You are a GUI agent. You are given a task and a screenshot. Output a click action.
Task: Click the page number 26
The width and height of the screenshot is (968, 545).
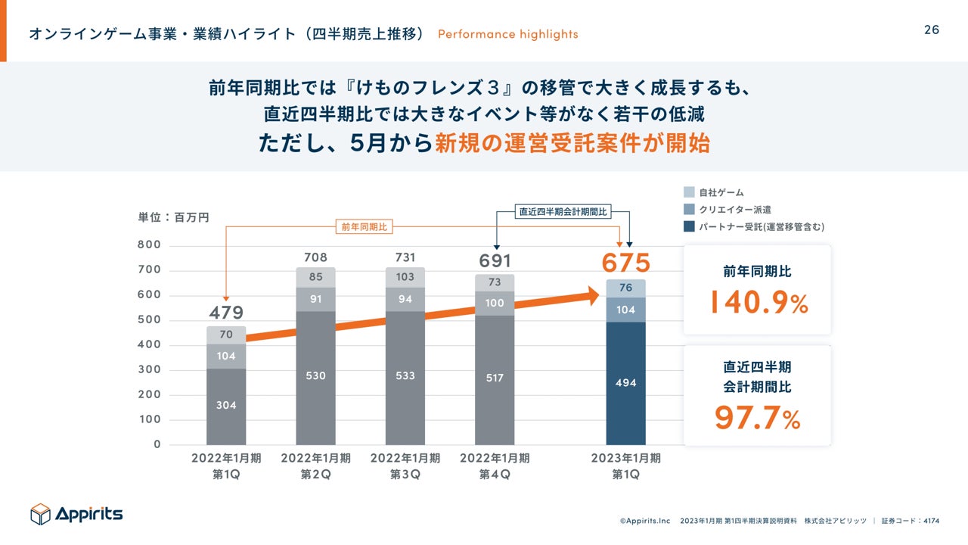click(932, 30)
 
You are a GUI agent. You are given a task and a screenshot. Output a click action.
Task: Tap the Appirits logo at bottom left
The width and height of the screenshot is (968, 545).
click(76, 514)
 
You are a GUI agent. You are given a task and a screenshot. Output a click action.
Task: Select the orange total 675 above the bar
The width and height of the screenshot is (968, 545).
click(625, 263)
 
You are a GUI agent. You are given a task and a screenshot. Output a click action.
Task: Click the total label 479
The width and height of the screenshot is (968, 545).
click(226, 313)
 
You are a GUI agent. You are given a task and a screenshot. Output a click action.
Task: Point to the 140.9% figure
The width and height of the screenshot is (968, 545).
click(758, 303)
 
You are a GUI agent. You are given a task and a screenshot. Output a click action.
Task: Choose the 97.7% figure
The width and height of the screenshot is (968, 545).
click(758, 418)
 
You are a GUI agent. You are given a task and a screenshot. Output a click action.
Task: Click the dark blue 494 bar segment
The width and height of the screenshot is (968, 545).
click(625, 383)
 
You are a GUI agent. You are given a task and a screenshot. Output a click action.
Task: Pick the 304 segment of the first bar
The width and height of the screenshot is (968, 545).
click(226, 406)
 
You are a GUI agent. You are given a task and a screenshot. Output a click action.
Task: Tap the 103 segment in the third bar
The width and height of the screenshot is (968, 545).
click(405, 277)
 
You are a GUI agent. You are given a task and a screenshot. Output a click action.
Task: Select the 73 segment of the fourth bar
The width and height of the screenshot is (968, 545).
click(495, 282)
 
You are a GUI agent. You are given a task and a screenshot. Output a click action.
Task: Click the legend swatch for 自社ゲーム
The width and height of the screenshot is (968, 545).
click(688, 192)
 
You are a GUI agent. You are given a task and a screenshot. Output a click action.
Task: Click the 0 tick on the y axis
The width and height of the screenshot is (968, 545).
click(157, 444)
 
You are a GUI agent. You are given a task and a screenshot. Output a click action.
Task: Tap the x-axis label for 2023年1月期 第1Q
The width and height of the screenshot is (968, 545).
click(625, 466)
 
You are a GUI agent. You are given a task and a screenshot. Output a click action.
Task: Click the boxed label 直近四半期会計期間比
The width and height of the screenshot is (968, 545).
click(563, 212)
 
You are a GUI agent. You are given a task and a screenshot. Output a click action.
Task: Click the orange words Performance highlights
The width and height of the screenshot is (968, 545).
click(507, 34)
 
